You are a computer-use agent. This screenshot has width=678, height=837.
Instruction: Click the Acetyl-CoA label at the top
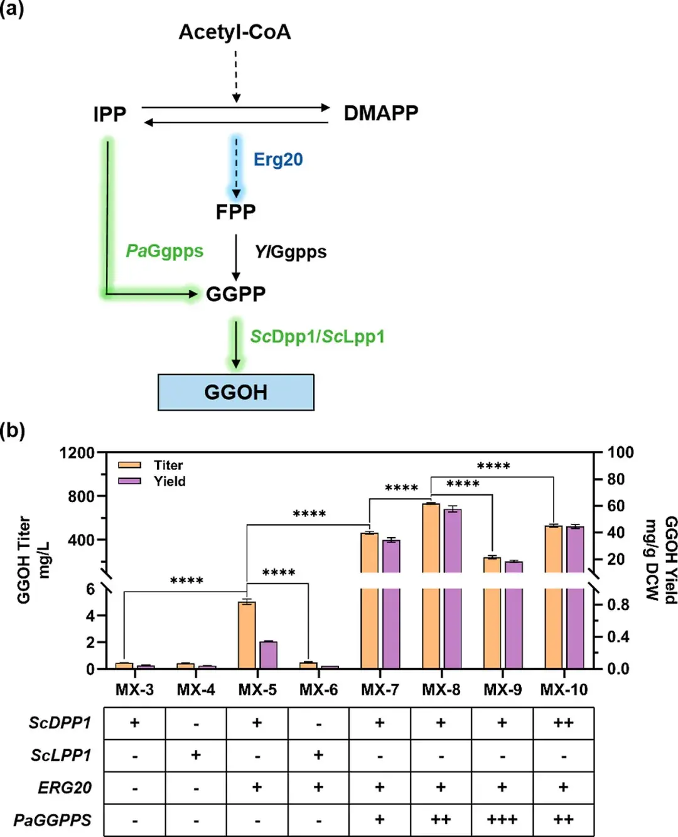click(x=235, y=32)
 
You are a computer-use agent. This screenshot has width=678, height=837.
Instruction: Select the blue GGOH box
click(x=235, y=392)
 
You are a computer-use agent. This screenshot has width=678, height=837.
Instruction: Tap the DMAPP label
click(x=380, y=114)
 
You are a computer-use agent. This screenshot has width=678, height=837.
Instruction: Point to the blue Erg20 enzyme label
click(x=278, y=159)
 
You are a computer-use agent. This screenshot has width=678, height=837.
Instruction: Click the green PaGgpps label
click(x=164, y=251)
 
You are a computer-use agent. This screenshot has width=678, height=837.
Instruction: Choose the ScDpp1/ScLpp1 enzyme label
click(x=317, y=337)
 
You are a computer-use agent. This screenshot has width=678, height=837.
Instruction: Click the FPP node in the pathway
click(x=235, y=212)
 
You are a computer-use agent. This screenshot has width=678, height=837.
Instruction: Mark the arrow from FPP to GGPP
click(x=236, y=257)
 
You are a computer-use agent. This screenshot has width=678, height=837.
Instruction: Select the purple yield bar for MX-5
click(x=268, y=654)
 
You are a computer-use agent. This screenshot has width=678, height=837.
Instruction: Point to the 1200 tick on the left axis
click(x=77, y=452)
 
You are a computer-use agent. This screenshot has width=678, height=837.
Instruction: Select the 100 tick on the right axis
click(x=620, y=452)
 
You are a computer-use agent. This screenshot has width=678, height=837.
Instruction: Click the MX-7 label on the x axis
click(x=380, y=690)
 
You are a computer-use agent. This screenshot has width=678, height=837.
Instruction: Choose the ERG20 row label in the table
click(x=65, y=787)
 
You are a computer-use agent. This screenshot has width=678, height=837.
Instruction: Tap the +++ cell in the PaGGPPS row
click(x=502, y=819)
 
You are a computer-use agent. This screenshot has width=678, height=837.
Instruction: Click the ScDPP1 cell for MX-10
click(x=563, y=723)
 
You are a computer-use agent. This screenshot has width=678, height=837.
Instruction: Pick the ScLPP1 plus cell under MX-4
click(x=196, y=755)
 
